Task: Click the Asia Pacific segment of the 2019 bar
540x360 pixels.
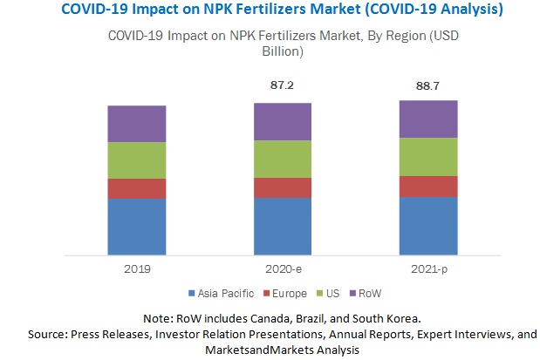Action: (137, 228)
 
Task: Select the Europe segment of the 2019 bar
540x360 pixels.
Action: (137, 188)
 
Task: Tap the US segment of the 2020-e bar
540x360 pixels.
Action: (283, 159)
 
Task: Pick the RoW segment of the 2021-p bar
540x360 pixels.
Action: (428, 119)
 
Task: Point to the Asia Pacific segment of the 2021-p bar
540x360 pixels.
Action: (428, 227)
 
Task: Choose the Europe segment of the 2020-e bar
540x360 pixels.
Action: (283, 187)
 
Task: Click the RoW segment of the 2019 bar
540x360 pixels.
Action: (137, 124)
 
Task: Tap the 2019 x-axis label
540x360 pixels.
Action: (137, 270)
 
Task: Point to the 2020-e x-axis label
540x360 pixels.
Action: (283, 270)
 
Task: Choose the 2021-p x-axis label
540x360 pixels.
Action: (428, 270)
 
